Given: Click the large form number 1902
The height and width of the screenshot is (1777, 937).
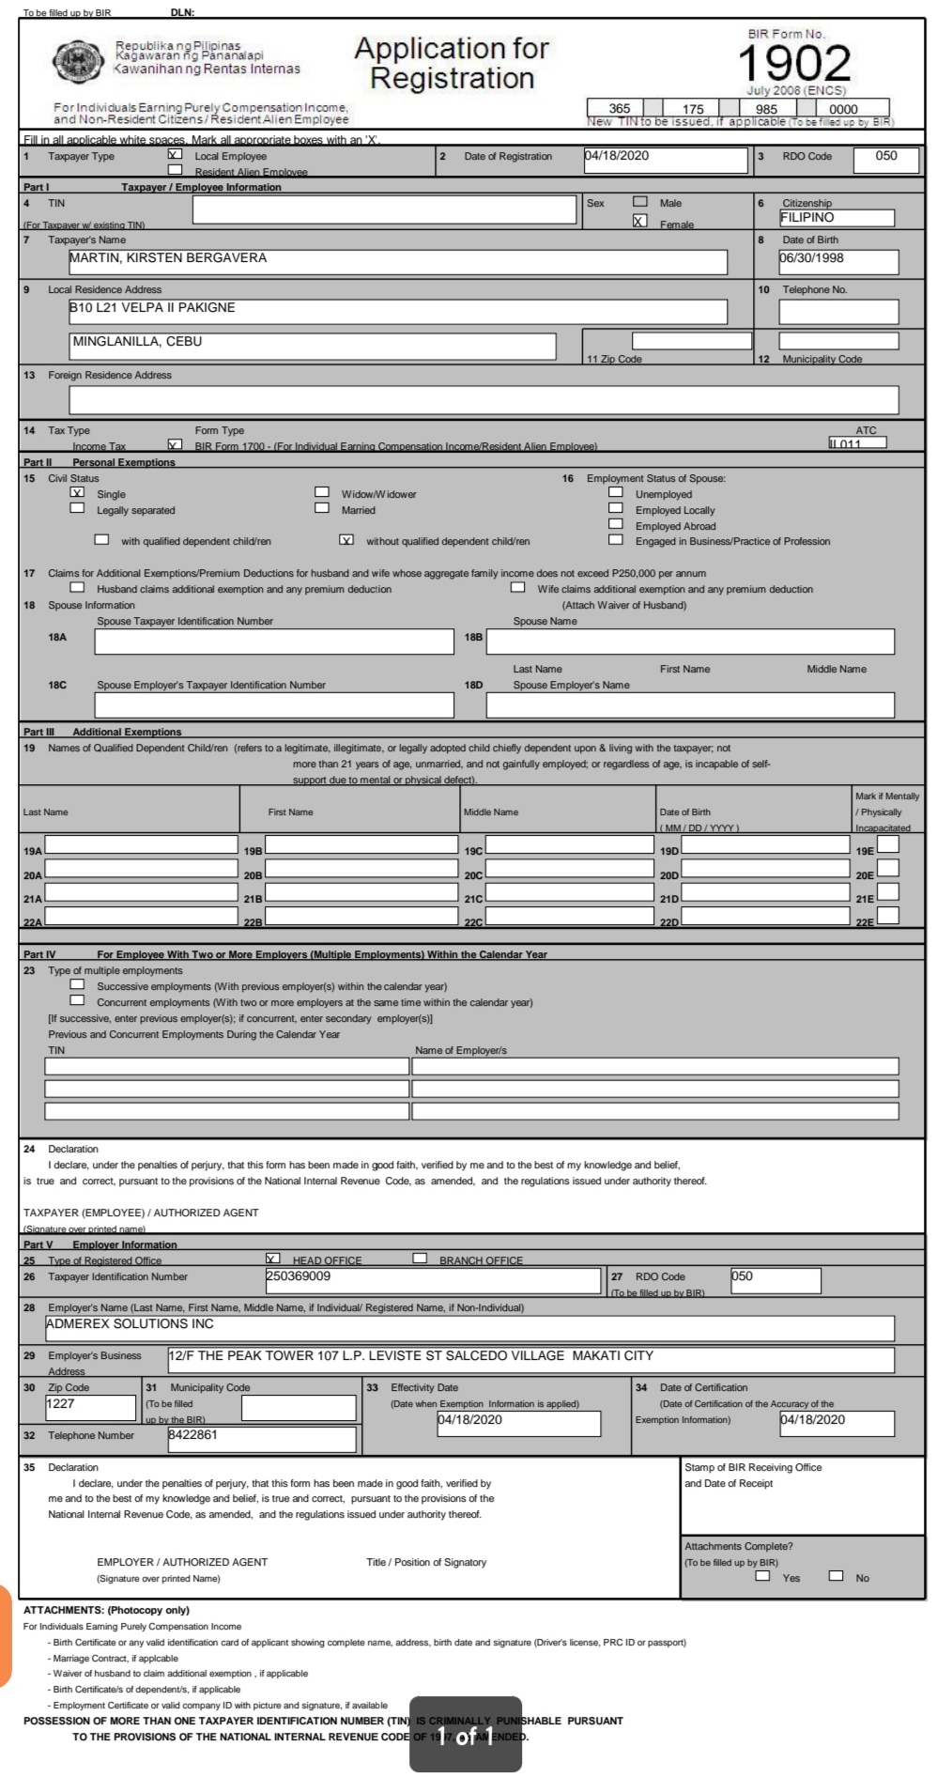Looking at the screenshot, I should point(794,64).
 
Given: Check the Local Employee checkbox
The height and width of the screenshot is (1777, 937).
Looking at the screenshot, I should point(175,154).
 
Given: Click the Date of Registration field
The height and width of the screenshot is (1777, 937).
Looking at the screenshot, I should point(665,160).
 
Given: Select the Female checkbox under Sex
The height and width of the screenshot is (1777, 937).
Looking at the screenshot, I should point(639,222).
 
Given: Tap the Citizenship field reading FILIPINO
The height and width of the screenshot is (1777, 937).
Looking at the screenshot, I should point(836,218).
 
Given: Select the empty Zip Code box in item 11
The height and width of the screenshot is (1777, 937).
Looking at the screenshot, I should point(691,341).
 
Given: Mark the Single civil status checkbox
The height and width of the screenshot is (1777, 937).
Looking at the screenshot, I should point(78,492).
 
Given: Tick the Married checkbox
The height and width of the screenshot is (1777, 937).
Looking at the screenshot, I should point(322,508).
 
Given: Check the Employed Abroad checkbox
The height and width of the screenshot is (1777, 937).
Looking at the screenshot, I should point(616,524).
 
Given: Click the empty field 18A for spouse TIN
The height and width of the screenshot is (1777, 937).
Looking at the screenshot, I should point(273,641).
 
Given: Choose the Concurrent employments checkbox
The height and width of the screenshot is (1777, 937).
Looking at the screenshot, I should point(78,1000).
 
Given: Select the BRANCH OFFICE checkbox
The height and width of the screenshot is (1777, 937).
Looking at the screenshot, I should point(420,1259).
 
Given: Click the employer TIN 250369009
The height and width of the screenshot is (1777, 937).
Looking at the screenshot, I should point(432,1279).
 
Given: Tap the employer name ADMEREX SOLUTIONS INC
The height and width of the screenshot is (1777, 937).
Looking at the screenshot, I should point(469,1327).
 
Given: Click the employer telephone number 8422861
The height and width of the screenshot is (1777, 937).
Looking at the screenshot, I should point(261,1438).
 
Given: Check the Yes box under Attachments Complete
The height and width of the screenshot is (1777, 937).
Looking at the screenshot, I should point(763,1576).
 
